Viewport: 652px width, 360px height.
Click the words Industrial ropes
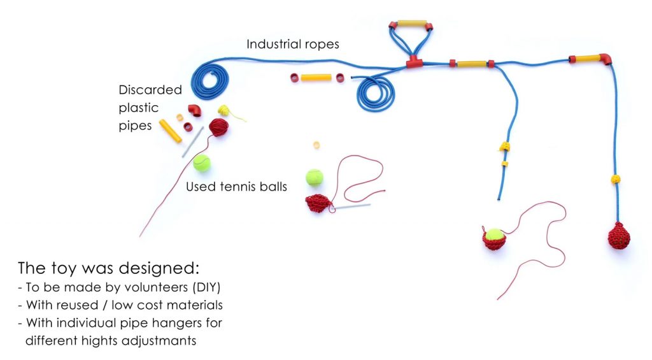[x=293, y=45]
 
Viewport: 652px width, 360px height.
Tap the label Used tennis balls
[x=236, y=187]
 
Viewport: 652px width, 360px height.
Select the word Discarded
[x=150, y=90]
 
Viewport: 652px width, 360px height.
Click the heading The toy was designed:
[x=108, y=267]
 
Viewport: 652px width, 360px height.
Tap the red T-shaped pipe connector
[x=415, y=62]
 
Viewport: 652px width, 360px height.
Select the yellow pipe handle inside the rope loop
[x=412, y=25]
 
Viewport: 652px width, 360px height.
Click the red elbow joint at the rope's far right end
[x=606, y=59]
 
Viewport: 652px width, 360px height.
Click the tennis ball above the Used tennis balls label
[x=202, y=163]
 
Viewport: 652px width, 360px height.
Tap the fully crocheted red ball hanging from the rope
[x=618, y=236]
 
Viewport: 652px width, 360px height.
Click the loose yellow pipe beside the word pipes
[x=170, y=130]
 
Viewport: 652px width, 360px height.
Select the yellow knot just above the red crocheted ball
[x=616, y=180]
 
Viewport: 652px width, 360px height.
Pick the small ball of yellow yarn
[x=223, y=110]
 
